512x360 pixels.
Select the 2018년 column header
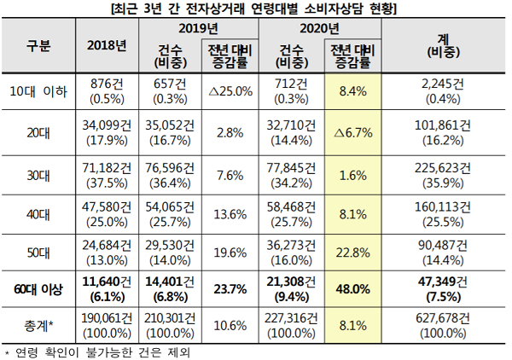coord(107,45)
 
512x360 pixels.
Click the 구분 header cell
coord(38,45)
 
